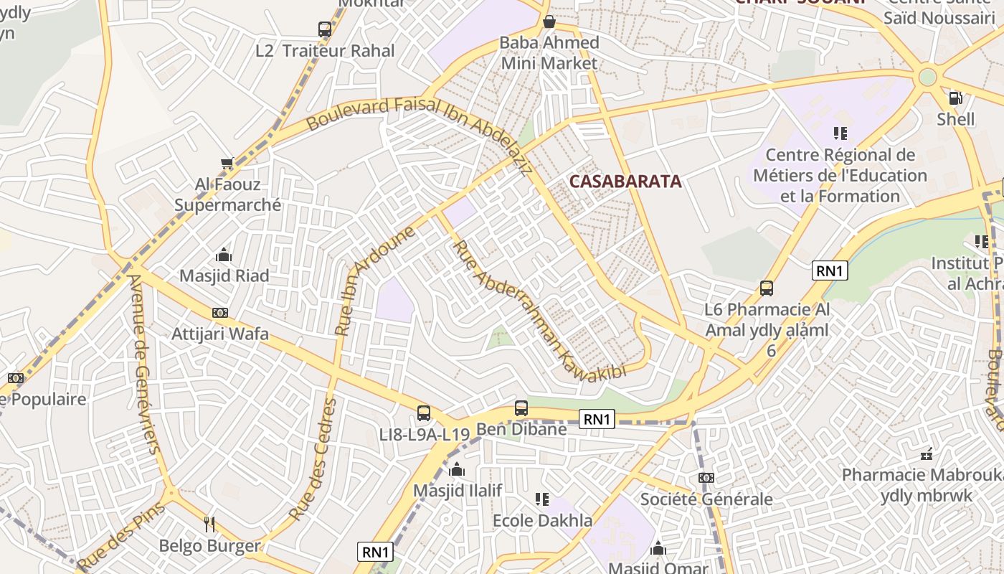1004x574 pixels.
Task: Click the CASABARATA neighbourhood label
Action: coord(625,182)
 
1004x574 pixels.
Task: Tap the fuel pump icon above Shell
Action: coord(955,98)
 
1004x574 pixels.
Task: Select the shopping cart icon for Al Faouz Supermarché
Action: coord(227,164)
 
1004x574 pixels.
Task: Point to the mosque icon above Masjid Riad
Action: coord(224,255)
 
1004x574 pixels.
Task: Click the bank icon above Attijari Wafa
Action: coord(220,313)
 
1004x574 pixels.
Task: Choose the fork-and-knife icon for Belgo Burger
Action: coord(209,524)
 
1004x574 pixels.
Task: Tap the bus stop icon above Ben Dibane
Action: coord(521,408)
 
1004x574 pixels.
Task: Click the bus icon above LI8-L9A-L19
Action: coord(424,413)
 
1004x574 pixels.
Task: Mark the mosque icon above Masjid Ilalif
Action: coord(457,470)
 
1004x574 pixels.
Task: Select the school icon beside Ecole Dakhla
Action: coord(542,499)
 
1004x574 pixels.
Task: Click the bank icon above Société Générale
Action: coord(706,478)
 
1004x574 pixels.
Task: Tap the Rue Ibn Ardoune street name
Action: coord(374,281)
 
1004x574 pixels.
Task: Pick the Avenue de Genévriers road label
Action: coord(143,363)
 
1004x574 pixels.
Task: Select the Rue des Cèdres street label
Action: coord(313,459)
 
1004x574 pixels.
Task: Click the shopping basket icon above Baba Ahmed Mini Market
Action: coord(549,22)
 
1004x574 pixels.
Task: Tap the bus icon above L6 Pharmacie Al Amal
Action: coord(767,288)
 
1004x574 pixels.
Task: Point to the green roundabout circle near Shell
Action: coord(927,77)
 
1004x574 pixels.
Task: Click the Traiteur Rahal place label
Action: coord(338,51)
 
